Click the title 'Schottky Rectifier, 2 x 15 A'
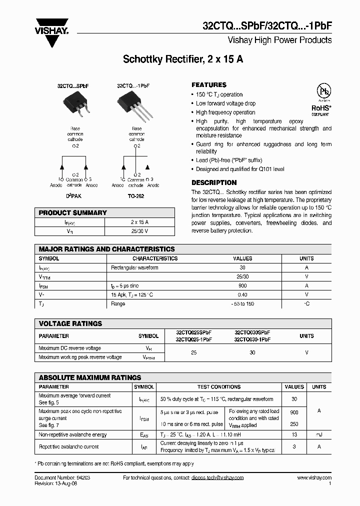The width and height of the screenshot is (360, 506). tap(183, 59)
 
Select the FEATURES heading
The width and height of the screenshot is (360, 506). tap(209, 85)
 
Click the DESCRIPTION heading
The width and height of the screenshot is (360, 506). tap(214, 183)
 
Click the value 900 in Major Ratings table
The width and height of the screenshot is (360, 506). tap(242, 285)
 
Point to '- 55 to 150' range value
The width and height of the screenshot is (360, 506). tap(242, 304)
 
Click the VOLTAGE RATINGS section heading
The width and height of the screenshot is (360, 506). tap(70, 323)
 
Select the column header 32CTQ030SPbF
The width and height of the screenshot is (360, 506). tap(252, 332)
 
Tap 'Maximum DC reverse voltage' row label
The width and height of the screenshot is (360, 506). tap(69, 348)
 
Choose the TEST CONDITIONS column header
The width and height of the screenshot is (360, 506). tap(219, 387)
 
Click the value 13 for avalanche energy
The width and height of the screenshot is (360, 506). tap(294, 435)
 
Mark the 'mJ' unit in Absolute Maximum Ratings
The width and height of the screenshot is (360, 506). tap(319, 435)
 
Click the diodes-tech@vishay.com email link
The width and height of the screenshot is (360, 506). tap(217, 478)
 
